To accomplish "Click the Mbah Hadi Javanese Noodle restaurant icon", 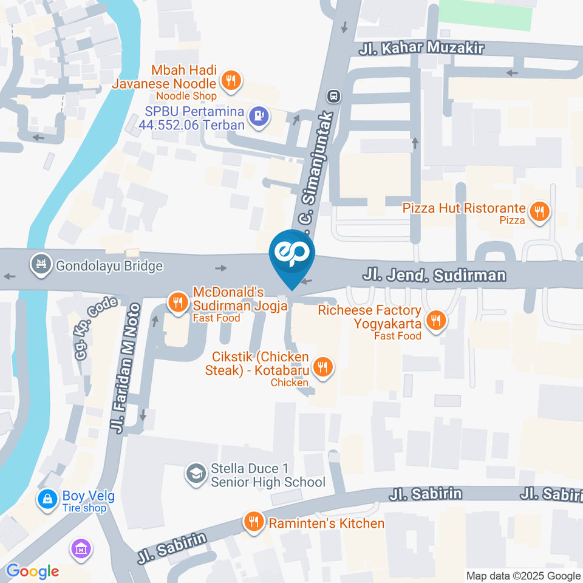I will click(230, 81).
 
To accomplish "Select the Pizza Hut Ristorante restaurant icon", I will click(539, 211).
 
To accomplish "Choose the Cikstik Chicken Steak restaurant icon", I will click(322, 367).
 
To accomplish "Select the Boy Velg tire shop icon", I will click(46, 499).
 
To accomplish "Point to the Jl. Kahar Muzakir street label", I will click(421, 48).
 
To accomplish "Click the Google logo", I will click(32, 571).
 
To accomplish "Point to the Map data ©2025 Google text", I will click(523, 576).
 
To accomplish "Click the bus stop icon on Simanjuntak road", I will click(333, 96).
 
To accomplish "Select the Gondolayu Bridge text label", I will click(109, 266).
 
